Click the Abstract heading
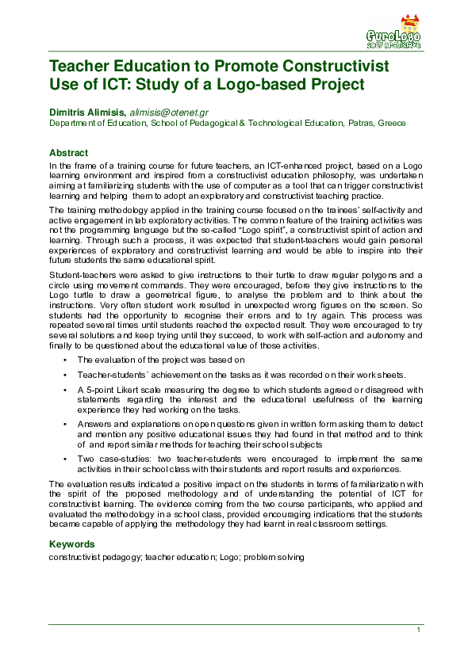(x=68, y=152)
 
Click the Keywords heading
(x=72, y=544)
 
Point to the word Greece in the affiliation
(x=391, y=124)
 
